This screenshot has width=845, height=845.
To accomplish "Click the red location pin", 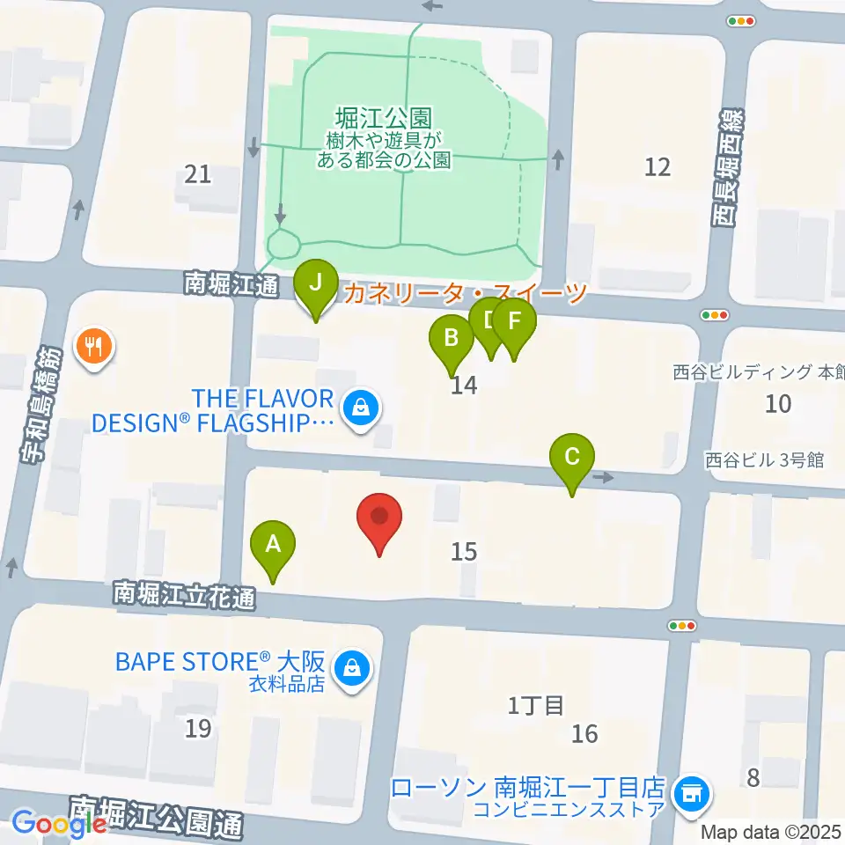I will coord(379,519).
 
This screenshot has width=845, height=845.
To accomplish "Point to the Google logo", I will coord(58,824).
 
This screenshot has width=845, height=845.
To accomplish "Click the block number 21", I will coord(198,174).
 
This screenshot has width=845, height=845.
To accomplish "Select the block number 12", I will coord(658,166).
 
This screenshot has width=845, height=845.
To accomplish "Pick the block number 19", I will coord(198,729).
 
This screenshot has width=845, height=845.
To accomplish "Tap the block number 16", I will coord(584,732).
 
